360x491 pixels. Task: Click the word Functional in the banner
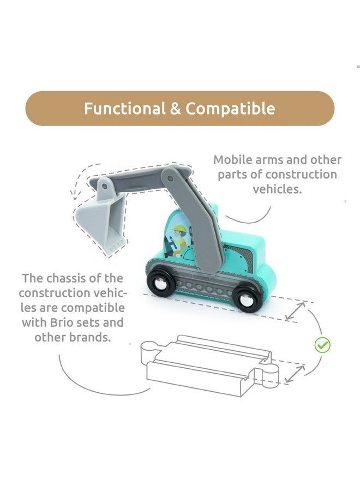(x=125, y=109)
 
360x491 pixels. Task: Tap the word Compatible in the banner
(x=230, y=109)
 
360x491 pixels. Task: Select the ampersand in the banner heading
(x=176, y=109)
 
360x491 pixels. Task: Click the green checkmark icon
(x=322, y=345)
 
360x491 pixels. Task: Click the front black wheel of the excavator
(x=161, y=281)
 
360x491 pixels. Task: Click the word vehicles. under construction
(x=277, y=189)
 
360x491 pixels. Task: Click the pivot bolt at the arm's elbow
(x=170, y=179)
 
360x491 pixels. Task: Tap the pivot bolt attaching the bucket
(x=104, y=187)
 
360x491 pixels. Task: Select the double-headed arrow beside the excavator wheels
(x=295, y=310)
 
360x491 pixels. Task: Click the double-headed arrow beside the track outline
(x=295, y=374)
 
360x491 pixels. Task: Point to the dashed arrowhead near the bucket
(x=75, y=195)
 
